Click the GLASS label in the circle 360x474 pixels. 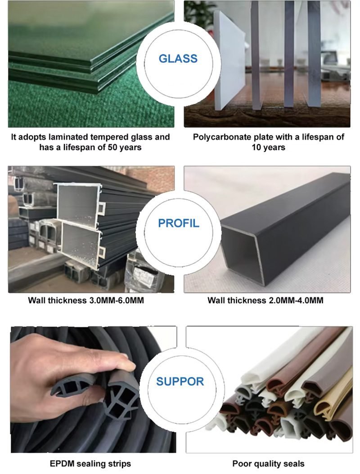pos(178,58)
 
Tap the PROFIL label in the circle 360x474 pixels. pos(179,223)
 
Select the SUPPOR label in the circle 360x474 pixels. pos(180,381)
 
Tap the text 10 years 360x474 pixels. pos(268,148)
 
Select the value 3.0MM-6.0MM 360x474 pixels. pos(116,300)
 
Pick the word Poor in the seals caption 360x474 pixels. pos(240,463)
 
